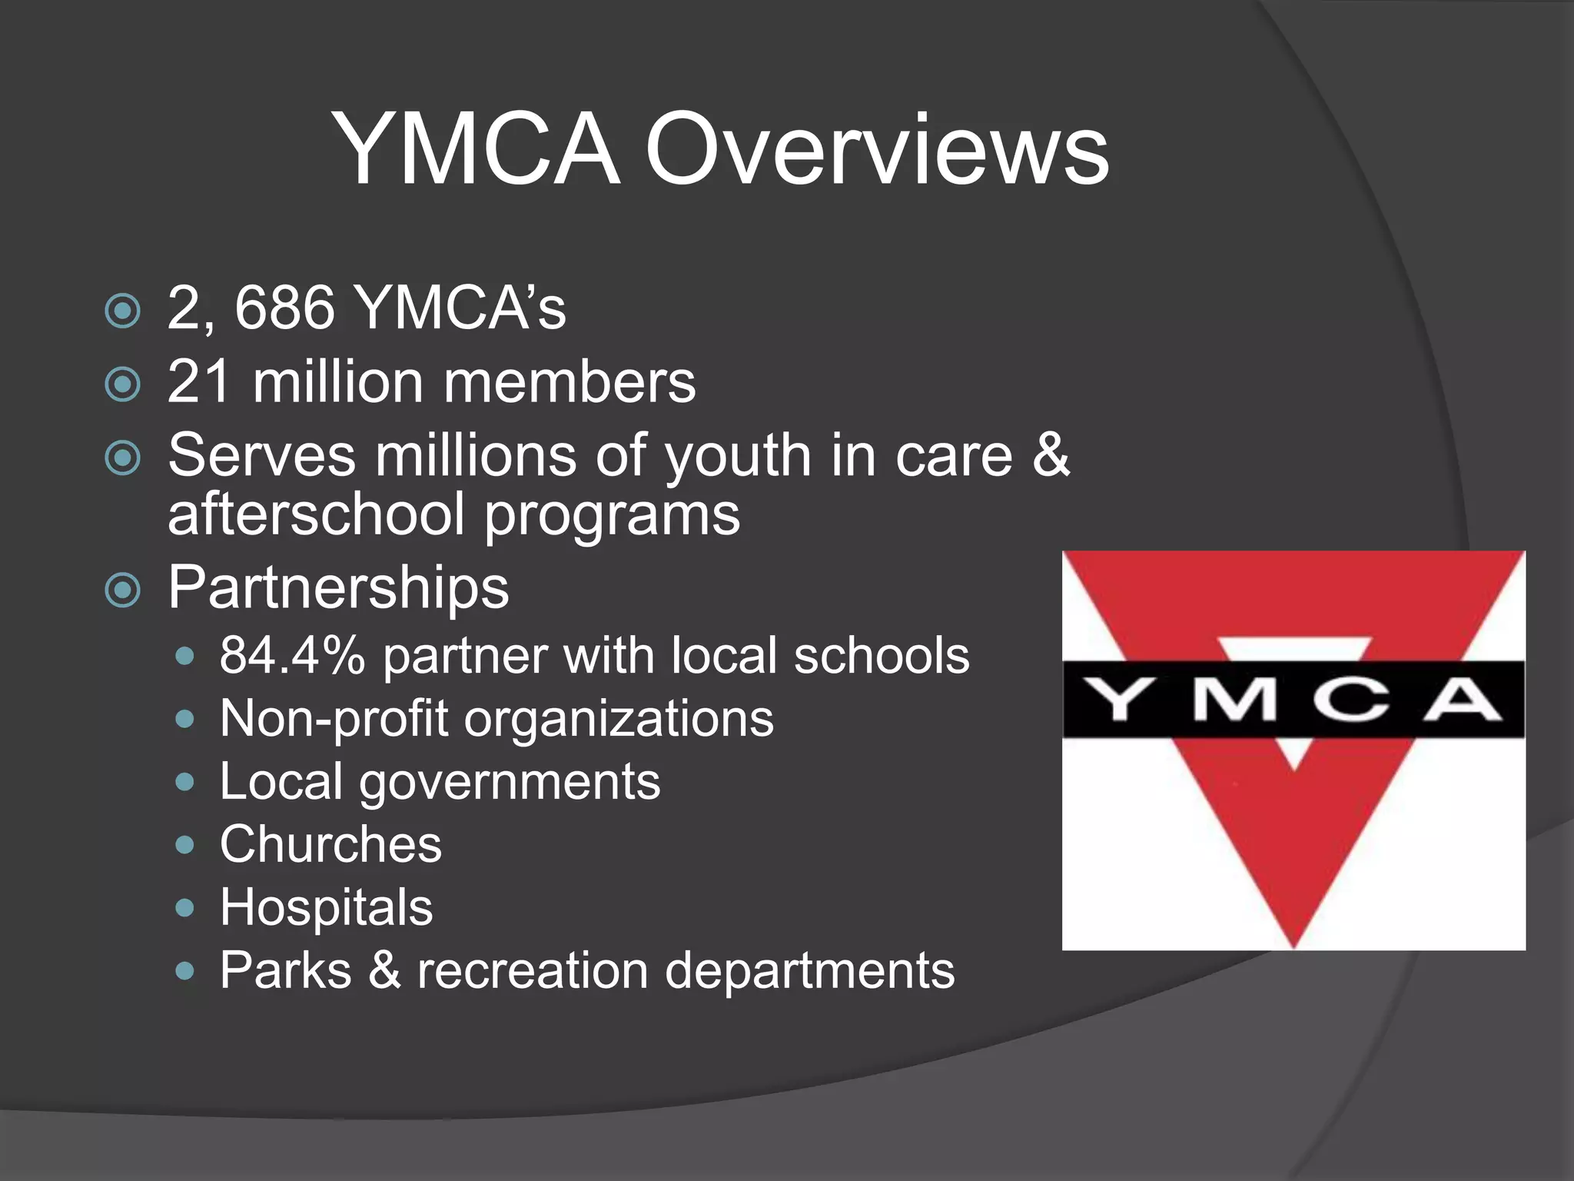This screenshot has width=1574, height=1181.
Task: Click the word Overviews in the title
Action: [x=876, y=150]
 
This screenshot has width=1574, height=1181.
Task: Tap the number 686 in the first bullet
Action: [x=284, y=308]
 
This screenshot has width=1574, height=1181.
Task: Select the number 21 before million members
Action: [x=198, y=382]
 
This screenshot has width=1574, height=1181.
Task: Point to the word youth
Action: [x=738, y=457]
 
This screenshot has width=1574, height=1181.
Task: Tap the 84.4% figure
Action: [x=292, y=656]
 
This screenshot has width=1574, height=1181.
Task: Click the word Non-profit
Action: [x=334, y=720]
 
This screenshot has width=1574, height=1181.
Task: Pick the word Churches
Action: [x=330, y=845]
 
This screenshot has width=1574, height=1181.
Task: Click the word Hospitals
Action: [x=326, y=908]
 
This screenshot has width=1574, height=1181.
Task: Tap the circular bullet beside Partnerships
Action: [x=123, y=590]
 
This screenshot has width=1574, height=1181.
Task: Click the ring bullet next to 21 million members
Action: [x=123, y=384]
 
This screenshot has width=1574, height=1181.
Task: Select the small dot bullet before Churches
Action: [x=184, y=846]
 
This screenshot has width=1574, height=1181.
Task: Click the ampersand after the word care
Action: [x=1051, y=455]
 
